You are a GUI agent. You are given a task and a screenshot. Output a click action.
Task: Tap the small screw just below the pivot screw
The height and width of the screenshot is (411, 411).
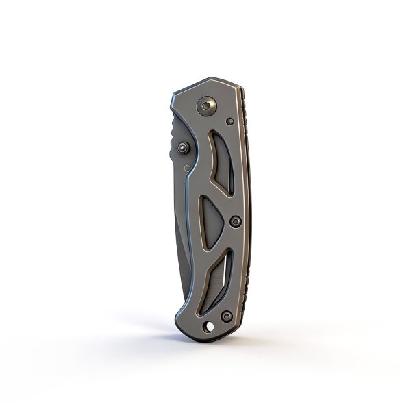pos(229,122)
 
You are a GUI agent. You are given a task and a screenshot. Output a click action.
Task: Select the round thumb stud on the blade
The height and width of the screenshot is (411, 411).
pos(183,147)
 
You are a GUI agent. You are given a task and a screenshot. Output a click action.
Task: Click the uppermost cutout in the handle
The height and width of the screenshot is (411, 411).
pos(221,162)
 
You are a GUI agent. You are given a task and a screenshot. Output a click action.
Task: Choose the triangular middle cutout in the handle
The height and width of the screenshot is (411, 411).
pos(212,219)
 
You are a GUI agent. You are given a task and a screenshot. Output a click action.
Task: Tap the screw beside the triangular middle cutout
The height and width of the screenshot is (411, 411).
pos(236,221)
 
